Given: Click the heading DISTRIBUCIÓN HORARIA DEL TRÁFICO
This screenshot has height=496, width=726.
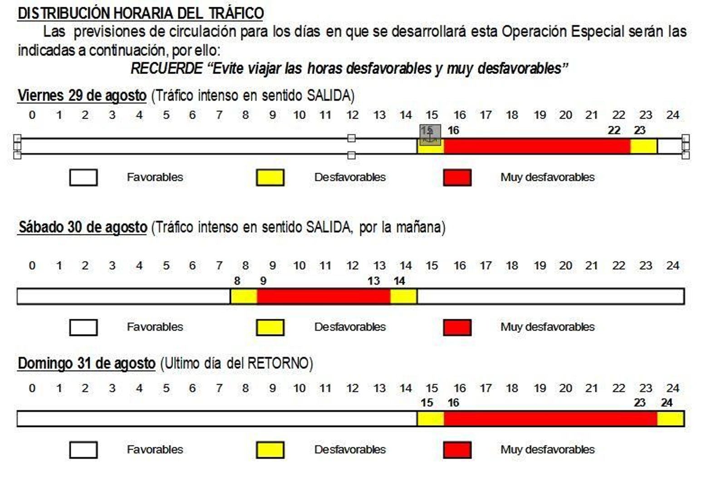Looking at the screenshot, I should click(140, 13).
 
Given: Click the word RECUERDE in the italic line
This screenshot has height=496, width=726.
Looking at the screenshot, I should click(167, 69).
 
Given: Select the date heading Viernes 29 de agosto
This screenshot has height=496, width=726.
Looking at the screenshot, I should click(82, 96).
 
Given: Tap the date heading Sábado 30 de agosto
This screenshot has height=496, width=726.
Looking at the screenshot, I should click(83, 227).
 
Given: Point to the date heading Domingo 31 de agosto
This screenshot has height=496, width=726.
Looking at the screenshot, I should click(87, 363).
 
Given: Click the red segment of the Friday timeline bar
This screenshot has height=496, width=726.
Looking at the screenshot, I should click(537, 146).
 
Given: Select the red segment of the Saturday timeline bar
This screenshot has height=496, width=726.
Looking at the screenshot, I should click(324, 297).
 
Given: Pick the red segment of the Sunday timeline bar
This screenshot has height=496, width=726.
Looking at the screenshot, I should click(550, 419).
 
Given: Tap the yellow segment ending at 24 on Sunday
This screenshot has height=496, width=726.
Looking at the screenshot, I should click(671, 419).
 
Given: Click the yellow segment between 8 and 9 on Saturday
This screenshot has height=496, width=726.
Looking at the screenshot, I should click(244, 297).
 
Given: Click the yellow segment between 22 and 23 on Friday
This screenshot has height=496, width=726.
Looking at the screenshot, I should click(643, 146).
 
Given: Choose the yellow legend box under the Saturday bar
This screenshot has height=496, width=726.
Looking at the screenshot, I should click(270, 327).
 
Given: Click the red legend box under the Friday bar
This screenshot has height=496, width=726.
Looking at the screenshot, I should click(457, 178).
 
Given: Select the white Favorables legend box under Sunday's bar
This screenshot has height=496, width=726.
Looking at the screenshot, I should click(83, 450).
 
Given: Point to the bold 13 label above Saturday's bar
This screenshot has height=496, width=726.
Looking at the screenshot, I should click(373, 281).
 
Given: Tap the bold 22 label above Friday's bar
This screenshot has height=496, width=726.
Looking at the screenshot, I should click(613, 130).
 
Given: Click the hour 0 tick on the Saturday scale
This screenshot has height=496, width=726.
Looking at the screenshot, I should click(32, 266).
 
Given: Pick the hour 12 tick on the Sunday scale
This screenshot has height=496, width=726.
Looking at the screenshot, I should click(353, 388).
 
